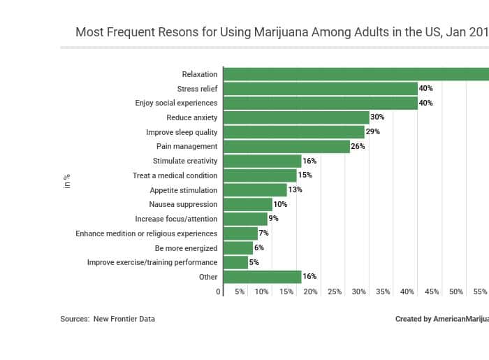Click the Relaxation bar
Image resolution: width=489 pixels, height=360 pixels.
pos(356,74)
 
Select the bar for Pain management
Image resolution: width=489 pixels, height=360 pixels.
pos(286,147)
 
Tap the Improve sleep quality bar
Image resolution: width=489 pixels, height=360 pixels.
pos(293,132)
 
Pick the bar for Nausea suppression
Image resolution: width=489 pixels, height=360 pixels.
pos(248,204)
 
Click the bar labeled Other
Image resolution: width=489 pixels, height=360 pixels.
pos(262,277)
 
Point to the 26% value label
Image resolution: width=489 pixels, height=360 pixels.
pos(358,147)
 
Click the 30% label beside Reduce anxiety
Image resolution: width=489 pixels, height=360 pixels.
pos(377,117)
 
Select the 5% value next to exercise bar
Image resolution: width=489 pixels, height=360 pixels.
pos(254,263)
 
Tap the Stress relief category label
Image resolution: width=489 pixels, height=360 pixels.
pos(197,89)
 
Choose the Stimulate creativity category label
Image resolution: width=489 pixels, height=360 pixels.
pos(185,161)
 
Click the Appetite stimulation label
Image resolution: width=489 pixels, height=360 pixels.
pos(183,190)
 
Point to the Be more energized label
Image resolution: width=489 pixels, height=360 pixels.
pos(186,248)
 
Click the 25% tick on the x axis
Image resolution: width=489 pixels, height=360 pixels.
pos(335,291)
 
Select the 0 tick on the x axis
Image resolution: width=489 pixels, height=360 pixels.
pos(218,291)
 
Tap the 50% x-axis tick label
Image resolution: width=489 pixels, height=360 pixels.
pos(456,291)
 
